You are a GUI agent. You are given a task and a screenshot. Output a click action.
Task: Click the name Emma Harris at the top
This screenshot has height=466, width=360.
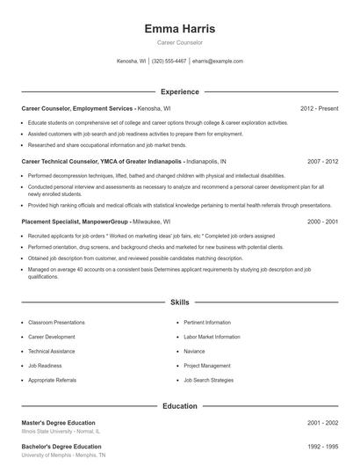179,29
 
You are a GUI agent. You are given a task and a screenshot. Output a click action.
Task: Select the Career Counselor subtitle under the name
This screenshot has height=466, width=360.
179,42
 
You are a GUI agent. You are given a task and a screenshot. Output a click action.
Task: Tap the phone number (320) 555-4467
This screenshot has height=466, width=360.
169,62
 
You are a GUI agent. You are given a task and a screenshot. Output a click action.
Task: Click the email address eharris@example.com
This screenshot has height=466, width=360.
217,62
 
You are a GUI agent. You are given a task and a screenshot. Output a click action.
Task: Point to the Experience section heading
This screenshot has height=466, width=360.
179,91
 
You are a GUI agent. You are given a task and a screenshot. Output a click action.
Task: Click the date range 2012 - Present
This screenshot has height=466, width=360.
318,108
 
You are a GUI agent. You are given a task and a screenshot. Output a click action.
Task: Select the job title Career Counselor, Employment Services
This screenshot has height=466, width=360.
77,108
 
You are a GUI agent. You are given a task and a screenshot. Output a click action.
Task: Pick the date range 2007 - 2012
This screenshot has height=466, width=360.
321,162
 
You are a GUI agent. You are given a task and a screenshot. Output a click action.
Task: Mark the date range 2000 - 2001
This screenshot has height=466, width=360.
321,222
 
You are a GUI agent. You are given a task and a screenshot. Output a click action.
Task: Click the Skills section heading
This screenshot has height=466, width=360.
179,302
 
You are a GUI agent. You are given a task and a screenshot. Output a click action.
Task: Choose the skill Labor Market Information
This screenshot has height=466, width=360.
212,337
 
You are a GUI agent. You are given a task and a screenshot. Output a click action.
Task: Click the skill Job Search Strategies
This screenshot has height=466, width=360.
208,380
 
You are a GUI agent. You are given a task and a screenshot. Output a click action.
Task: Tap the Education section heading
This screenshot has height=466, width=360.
179,406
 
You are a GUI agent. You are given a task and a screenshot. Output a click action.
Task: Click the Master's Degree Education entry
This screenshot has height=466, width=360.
58,423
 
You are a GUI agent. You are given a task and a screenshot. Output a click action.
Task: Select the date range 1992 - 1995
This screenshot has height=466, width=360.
321,448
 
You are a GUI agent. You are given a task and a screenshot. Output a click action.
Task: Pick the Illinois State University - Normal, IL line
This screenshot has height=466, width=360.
61,432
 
